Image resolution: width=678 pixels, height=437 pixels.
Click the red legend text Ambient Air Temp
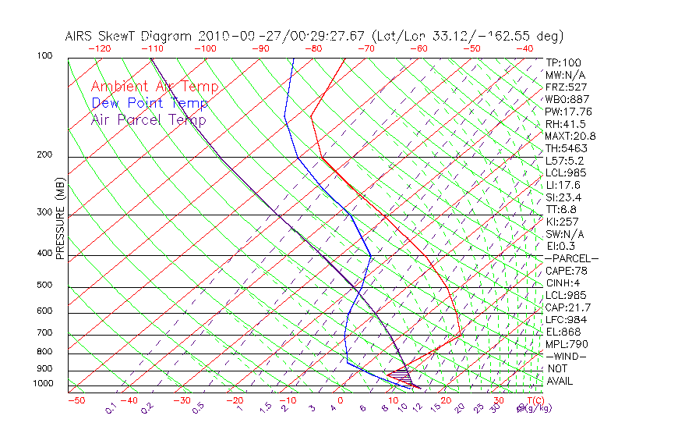154,87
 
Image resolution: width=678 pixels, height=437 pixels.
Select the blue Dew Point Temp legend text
149,103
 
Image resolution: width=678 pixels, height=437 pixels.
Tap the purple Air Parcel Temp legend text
148,119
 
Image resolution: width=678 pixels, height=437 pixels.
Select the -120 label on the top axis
100,48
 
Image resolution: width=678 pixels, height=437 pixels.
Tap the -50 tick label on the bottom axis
76,400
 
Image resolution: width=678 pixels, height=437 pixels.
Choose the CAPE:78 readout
567,271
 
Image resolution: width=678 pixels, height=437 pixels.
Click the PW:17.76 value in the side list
569,112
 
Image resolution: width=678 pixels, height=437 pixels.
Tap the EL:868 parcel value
563,332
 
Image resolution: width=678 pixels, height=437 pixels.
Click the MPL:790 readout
567,344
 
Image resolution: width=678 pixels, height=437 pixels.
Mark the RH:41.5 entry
566,123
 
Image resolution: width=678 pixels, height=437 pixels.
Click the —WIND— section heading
567,356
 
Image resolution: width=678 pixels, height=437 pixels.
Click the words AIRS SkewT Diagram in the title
129,36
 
